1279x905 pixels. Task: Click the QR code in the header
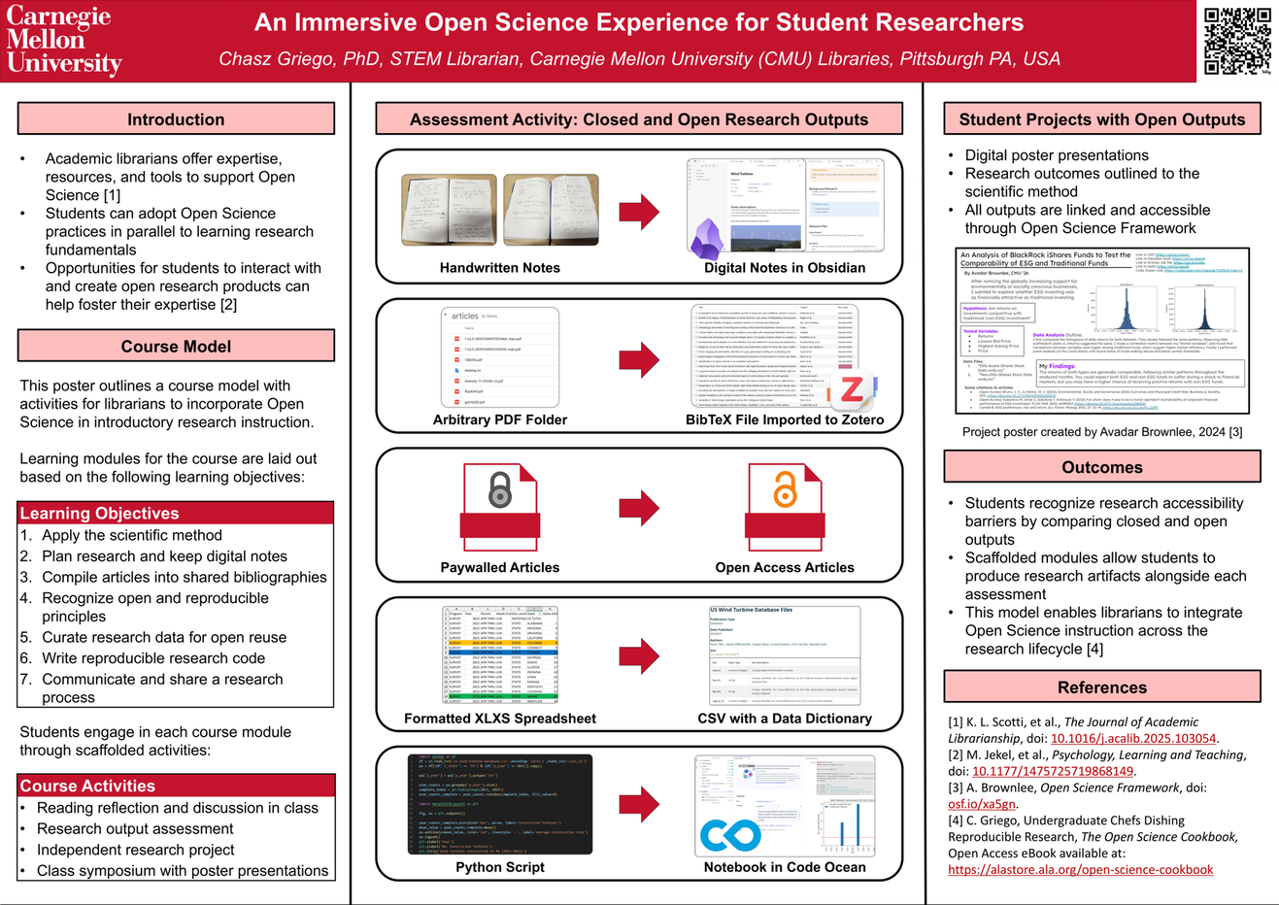1236,41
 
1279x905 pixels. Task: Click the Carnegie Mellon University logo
64,41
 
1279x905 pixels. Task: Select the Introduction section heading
176,119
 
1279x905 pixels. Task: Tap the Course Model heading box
176,347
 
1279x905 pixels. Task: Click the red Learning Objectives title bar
176,513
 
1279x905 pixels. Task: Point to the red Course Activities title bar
176,786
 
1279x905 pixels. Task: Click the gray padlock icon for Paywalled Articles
500,490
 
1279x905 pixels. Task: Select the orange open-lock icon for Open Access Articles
785,488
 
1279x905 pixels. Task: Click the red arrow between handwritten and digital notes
639,212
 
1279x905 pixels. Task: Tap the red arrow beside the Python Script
639,804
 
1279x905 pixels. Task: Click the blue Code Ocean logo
730,835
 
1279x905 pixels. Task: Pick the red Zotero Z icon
852,391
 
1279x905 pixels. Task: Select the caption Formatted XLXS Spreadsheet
500,719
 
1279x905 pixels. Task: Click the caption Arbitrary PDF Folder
500,419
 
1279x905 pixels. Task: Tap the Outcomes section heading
1102,467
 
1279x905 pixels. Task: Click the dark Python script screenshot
500,804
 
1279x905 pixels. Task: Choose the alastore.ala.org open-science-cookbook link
1080,869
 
